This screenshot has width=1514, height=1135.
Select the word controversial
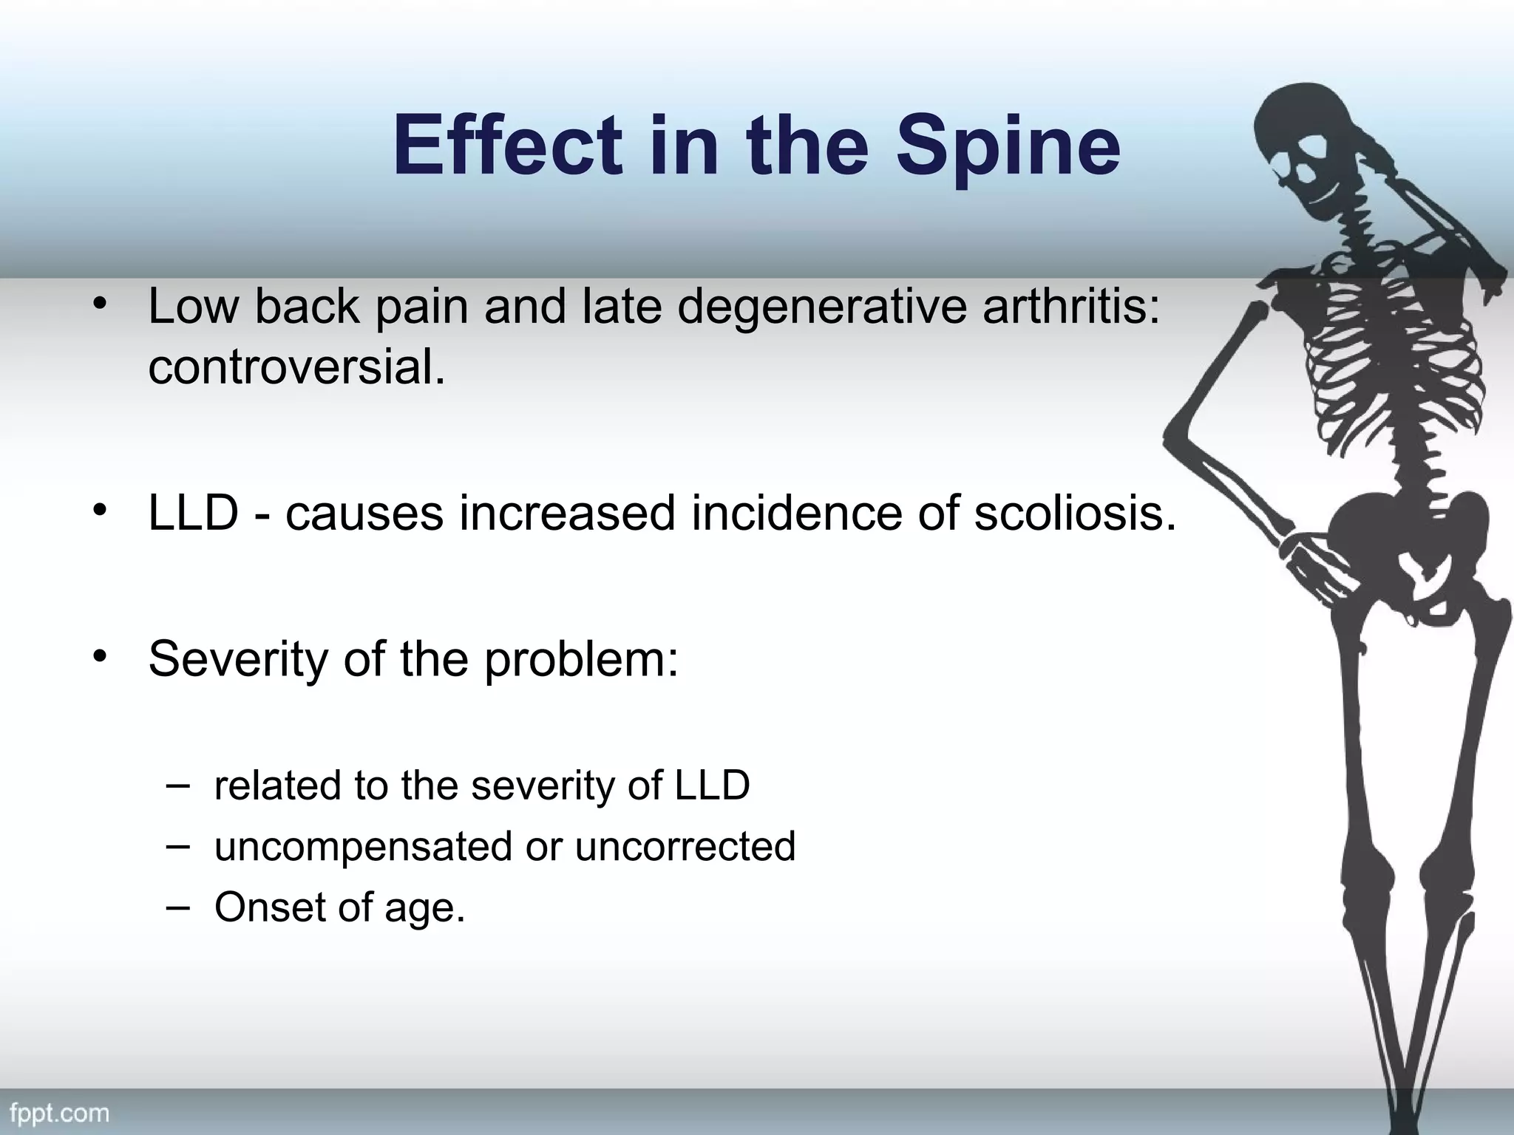click(x=297, y=367)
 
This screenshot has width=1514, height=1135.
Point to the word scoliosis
click(x=1074, y=513)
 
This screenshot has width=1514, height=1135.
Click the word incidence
click(x=795, y=513)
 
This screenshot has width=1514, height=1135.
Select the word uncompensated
click(x=363, y=846)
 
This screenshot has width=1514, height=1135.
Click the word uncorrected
click(x=685, y=846)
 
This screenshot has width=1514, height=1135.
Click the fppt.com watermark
click(x=59, y=1113)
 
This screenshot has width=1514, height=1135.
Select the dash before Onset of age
click(x=177, y=906)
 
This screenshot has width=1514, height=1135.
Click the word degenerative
click(x=821, y=306)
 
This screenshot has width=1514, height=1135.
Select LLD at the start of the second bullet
click(x=193, y=513)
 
